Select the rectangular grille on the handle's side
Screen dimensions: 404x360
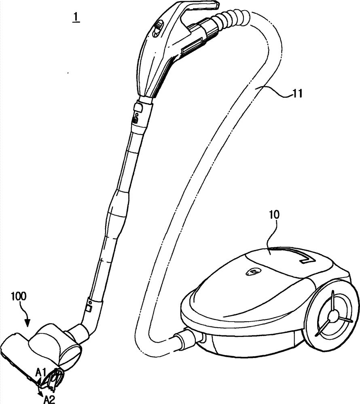pos(191,49)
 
